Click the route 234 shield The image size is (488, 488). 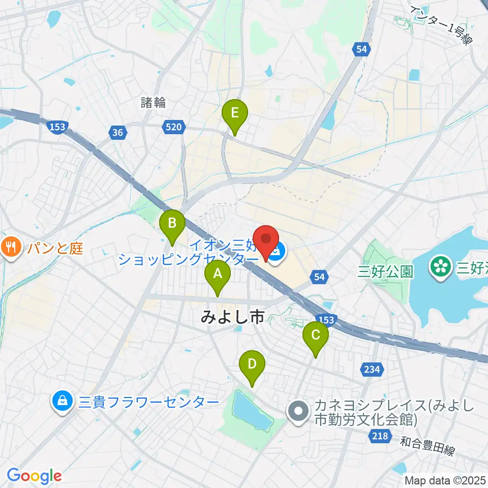pos(373,370)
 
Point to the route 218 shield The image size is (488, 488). pos(381,436)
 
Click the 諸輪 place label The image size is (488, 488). pos(153,102)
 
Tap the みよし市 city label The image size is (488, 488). pos(232,318)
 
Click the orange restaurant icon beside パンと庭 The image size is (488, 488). pos(11,248)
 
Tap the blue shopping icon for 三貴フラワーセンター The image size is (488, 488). pos(62,402)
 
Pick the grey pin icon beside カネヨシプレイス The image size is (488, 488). pos(298,412)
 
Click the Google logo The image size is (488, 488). pos(34,476)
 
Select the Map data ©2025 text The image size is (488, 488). pos(445,480)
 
